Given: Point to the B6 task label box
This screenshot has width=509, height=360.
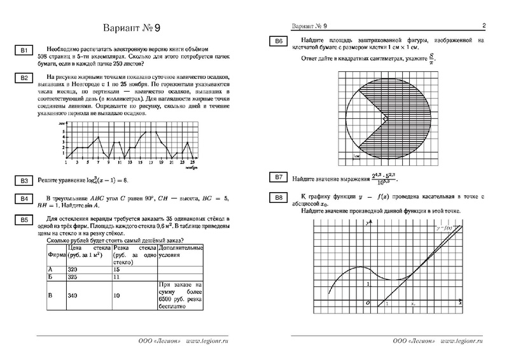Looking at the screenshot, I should pyautogui.click(x=278, y=42).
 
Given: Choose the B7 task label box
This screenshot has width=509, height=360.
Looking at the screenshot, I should pyautogui.click(x=278, y=177).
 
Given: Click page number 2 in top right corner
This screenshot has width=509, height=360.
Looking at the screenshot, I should pyautogui.click(x=484, y=26).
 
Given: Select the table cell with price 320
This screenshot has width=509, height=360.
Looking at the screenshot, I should pyautogui.click(x=79, y=269).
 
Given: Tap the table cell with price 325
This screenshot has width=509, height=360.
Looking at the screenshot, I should pyautogui.click(x=79, y=277).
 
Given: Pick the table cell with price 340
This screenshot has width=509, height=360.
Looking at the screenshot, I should pyautogui.click(x=79, y=296).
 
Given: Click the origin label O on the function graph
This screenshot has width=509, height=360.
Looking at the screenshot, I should pyautogui.click(x=368, y=303).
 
